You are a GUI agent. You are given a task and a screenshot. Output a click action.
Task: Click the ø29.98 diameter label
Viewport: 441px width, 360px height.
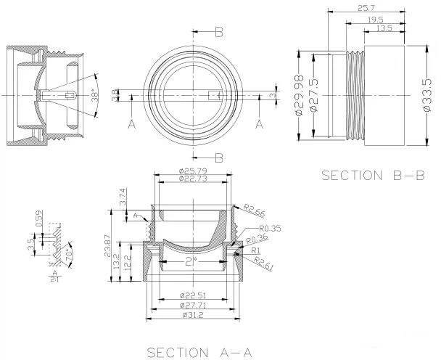300,94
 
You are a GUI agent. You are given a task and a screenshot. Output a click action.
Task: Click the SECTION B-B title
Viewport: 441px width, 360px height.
372,175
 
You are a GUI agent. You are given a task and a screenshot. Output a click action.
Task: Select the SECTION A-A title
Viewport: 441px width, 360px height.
199,352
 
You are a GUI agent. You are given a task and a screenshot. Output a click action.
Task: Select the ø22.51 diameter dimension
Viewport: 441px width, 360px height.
194,295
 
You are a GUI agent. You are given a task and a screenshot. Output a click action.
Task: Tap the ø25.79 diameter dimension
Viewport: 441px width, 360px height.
194,171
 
